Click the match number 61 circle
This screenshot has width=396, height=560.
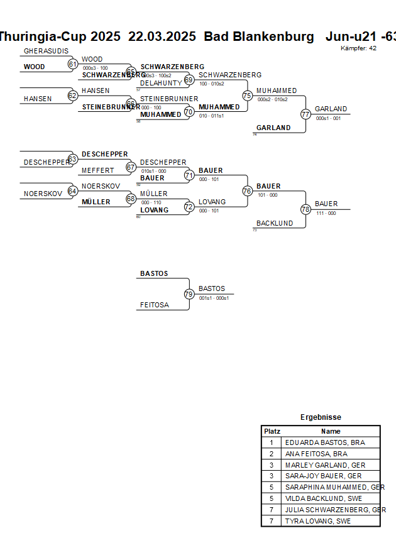coord(73,64)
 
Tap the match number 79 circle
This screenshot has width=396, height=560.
coord(189,294)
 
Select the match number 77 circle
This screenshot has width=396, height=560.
coord(305,114)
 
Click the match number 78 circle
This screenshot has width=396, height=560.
coord(305,209)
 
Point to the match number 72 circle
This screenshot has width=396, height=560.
coord(189,206)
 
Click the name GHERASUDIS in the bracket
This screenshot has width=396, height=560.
coord(46,51)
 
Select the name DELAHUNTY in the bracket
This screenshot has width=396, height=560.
coord(160,83)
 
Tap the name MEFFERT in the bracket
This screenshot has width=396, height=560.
coord(98,170)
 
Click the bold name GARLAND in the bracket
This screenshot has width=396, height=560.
coord(273,128)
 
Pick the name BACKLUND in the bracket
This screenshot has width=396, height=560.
coord(275,223)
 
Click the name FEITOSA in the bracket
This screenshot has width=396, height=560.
coord(155,305)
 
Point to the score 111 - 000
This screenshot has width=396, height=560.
coord(326,213)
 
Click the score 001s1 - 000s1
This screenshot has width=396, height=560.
coord(214,298)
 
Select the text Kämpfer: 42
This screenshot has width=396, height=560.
coord(359,48)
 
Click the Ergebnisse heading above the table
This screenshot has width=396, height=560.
coord(321,417)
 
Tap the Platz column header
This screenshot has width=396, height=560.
coord(272,431)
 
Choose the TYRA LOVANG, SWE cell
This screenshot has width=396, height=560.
coord(318,521)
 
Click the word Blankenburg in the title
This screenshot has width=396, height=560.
coord(274,36)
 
